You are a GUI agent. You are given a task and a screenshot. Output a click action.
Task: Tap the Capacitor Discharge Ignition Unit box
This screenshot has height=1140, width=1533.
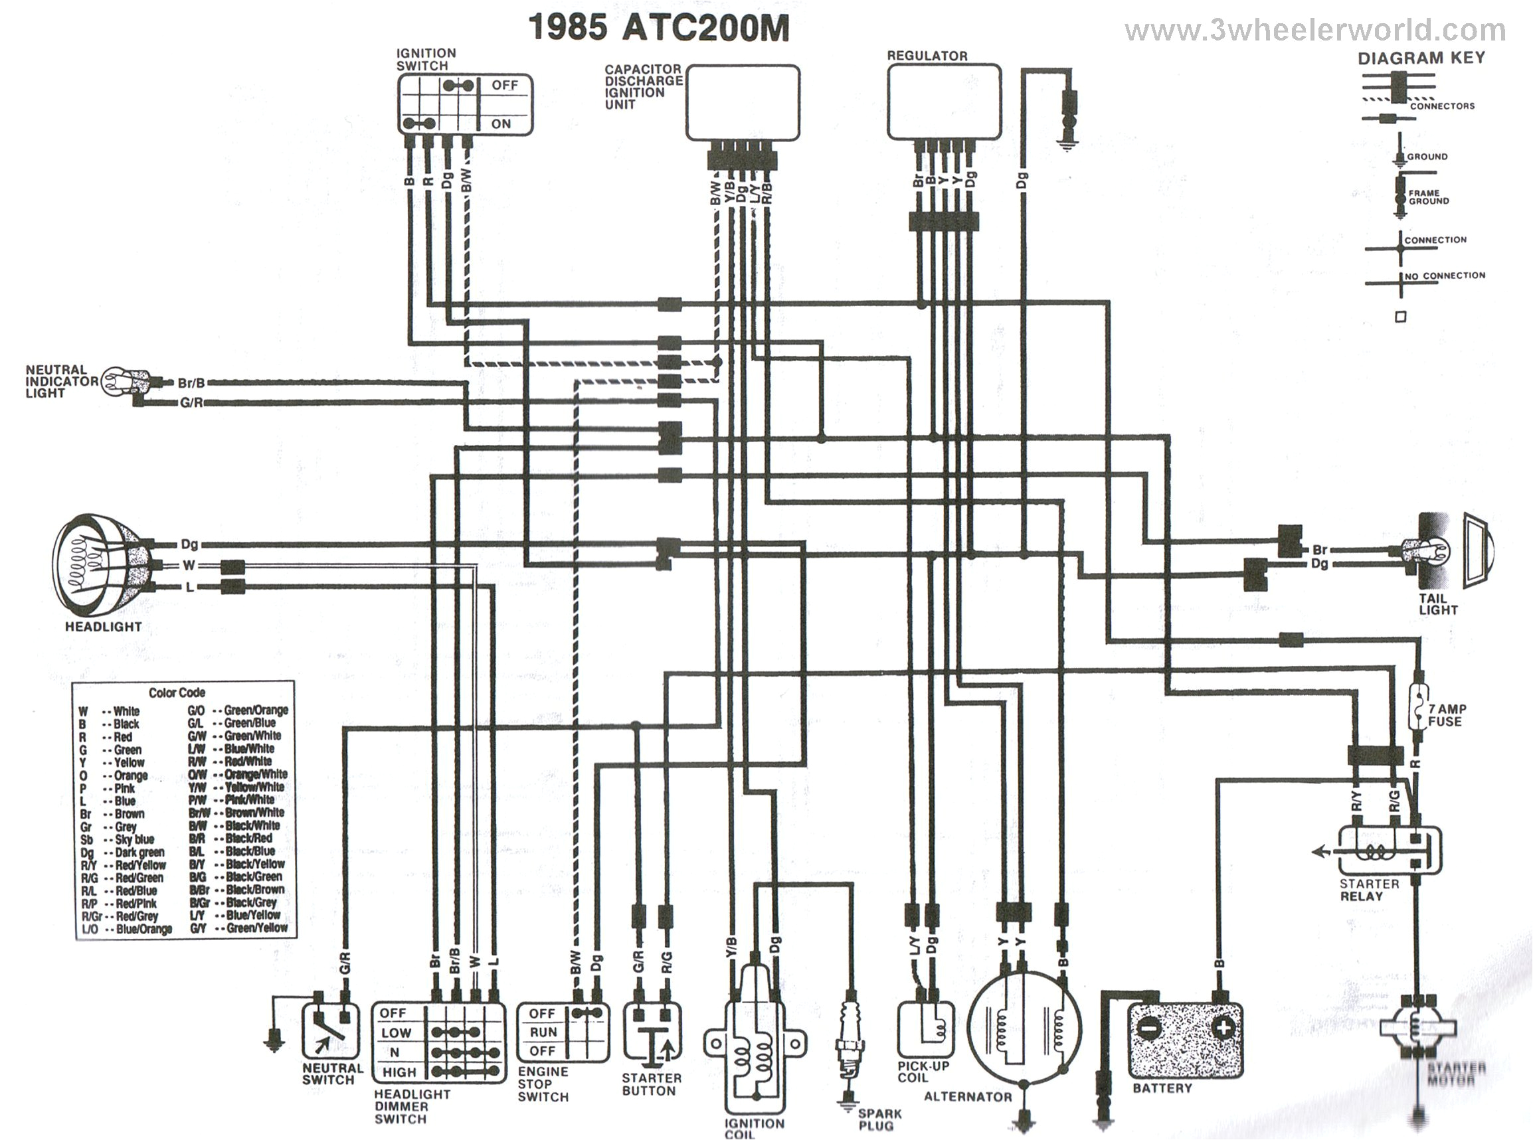tap(742, 102)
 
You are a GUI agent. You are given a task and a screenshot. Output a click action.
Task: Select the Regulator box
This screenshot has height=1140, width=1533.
tap(944, 102)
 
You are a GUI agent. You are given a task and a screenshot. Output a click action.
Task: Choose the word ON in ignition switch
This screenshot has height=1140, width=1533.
tap(501, 123)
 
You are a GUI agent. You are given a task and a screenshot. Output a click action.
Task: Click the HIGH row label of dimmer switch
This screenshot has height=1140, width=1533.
tap(399, 1072)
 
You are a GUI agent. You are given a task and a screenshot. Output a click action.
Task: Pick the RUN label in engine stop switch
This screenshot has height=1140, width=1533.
tap(543, 1032)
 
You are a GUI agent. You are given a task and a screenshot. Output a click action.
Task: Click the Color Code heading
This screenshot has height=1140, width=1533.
tap(177, 692)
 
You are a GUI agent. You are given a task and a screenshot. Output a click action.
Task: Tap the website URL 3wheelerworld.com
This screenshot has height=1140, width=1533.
tap(1315, 31)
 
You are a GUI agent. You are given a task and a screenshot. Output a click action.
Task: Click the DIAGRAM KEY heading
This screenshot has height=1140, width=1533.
tap(1421, 58)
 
